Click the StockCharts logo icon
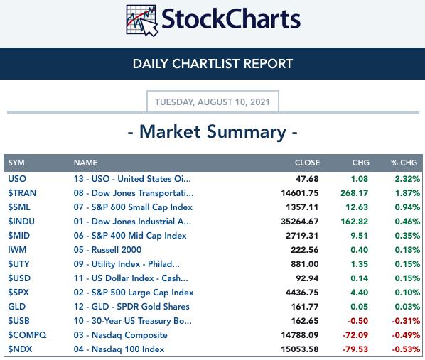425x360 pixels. click(142, 21)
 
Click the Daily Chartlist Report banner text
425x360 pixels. click(212, 64)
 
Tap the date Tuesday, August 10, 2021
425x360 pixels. click(212, 102)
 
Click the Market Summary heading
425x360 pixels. click(212, 132)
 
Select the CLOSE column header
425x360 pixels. click(307, 163)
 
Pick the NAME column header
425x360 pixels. click(86, 163)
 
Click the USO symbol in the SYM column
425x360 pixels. click(17, 179)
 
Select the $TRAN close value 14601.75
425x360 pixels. click(300, 193)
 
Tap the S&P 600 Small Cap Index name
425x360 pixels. click(142, 207)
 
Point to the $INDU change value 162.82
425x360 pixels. click(355, 222)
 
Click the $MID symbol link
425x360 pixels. click(19, 236)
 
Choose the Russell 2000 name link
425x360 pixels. click(117, 250)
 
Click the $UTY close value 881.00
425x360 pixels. click(305, 264)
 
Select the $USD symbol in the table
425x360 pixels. click(19, 278)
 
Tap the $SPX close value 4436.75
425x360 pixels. click(302, 293)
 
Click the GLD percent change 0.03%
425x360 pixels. click(407, 307)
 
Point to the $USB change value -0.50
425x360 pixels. click(358, 321)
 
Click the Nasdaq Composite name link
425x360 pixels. click(129, 335)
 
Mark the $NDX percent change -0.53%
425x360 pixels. click(406, 349)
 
